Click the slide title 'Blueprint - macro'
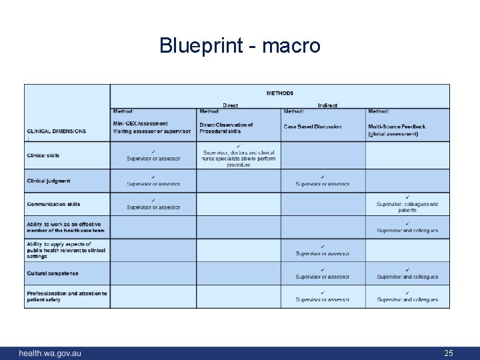(x=240, y=45)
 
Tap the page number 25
(x=449, y=353)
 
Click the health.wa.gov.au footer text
(x=50, y=353)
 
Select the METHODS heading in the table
(x=280, y=93)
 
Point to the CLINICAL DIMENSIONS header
(x=57, y=131)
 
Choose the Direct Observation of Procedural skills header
(x=227, y=127)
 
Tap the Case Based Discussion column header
(x=313, y=127)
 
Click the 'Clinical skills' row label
(x=43, y=155)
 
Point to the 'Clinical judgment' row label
(x=49, y=181)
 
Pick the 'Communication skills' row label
(x=53, y=204)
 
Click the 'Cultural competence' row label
(x=53, y=273)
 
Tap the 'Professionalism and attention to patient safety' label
(x=67, y=297)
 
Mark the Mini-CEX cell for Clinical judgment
(x=153, y=181)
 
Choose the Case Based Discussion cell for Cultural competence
(x=323, y=274)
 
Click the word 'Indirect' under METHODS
(x=327, y=105)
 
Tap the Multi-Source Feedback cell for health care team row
(x=407, y=227)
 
